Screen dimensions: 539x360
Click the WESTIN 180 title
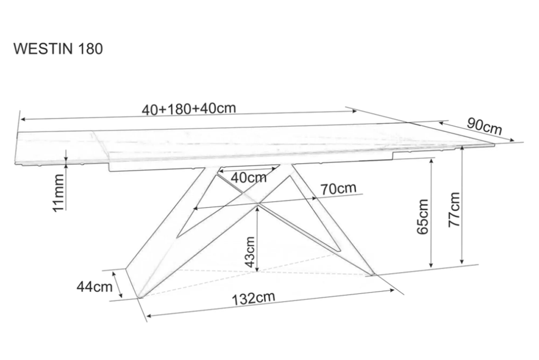[58, 49]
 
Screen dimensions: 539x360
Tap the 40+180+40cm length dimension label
[189, 108]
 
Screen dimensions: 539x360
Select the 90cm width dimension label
[484, 126]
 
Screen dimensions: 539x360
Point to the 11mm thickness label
[58, 193]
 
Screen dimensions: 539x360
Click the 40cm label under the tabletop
[248, 177]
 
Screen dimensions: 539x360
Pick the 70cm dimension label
[338, 188]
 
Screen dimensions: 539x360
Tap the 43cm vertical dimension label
[250, 252]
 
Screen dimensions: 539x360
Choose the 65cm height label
[422, 217]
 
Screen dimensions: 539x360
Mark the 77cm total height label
[454, 209]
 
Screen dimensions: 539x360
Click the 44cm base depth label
[95, 286]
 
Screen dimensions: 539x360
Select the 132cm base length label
[253, 298]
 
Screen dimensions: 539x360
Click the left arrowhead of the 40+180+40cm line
[23, 120]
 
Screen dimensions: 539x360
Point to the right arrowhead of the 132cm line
[391, 290]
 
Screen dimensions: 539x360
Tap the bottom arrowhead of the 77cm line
[462, 261]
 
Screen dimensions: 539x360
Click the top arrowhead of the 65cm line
[431, 161]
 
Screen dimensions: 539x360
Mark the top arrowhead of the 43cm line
[258, 207]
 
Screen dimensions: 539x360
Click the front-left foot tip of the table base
[139, 297]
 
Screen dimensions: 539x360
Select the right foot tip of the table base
[373, 274]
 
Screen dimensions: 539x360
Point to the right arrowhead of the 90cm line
[512, 140]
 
